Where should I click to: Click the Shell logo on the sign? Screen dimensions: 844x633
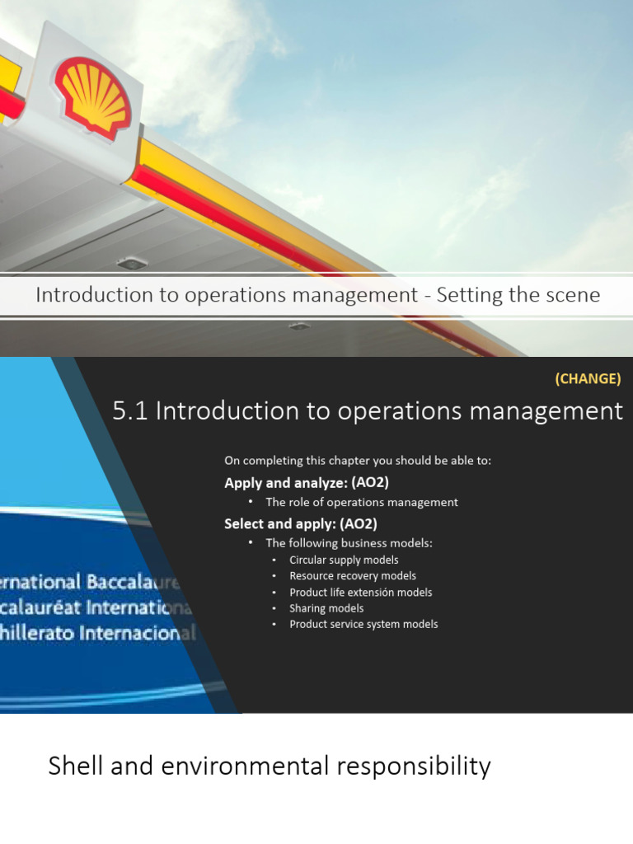[x=92, y=97]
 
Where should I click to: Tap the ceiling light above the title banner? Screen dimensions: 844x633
[x=132, y=263]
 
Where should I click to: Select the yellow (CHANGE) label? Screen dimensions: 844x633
[x=588, y=379]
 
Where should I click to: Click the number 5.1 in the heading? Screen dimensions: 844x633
[x=129, y=410]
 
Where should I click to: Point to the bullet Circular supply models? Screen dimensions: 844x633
[x=344, y=560]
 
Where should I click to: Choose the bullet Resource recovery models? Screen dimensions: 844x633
[x=353, y=576]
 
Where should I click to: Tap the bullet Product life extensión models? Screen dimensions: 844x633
[x=360, y=592]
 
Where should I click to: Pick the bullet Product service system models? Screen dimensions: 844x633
[x=363, y=624]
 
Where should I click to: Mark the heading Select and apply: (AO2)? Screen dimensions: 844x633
[x=301, y=523]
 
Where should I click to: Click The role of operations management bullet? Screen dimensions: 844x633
[x=361, y=502]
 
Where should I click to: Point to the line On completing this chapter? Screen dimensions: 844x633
[x=358, y=461]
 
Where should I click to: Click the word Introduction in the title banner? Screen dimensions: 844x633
[x=94, y=294]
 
